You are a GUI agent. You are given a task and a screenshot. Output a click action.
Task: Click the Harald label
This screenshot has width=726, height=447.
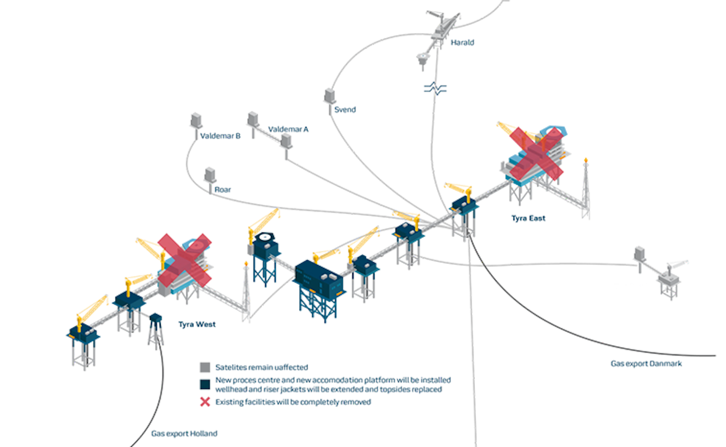[462, 42]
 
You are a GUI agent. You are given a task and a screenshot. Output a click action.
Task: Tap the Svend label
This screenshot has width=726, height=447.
[345, 109]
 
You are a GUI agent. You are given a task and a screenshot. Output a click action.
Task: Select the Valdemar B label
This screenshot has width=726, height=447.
[220, 136]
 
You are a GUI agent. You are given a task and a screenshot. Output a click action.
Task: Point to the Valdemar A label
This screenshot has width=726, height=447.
[288, 129]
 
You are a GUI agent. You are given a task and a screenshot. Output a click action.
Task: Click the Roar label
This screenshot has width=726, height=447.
[222, 190]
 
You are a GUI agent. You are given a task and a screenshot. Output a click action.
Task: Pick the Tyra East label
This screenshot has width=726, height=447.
[528, 218]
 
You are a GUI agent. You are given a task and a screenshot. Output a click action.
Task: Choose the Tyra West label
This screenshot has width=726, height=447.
[197, 324]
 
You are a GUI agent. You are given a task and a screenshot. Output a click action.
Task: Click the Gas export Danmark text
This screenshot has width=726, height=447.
[646, 363]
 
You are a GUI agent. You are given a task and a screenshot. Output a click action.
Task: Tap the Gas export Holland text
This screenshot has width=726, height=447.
[184, 433]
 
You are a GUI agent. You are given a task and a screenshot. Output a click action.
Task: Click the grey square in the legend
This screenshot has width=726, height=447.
[205, 367]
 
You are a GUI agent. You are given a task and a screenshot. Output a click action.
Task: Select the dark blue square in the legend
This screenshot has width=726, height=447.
[205, 384]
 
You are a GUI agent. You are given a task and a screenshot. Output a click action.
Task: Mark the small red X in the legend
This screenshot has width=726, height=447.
[205, 402]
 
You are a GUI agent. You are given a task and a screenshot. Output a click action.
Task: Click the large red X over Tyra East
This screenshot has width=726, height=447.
[536, 153]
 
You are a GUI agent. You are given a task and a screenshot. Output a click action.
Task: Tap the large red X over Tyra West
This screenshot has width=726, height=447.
[185, 260]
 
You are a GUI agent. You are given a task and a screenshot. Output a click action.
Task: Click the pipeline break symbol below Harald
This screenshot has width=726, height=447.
[435, 89]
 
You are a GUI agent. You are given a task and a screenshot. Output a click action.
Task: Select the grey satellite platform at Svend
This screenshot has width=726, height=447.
[330, 96]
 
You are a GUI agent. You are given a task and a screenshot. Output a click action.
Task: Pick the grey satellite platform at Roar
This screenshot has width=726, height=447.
[210, 176]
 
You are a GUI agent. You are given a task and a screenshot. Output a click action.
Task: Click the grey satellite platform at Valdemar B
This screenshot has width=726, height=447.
[196, 121]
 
